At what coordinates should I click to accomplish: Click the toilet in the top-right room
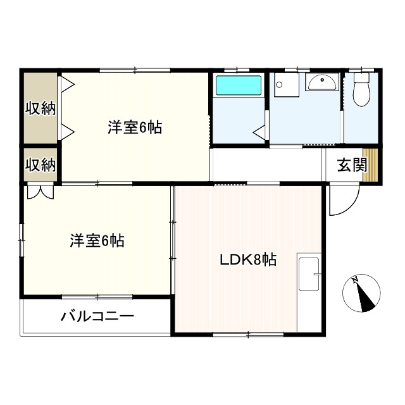click(x=362, y=89)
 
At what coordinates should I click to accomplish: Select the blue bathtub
click(x=238, y=86)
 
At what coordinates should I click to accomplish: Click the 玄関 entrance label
click(x=351, y=165)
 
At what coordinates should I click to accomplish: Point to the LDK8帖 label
click(x=247, y=259)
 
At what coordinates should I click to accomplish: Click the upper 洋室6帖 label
click(x=134, y=128)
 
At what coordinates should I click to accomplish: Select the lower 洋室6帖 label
click(x=97, y=240)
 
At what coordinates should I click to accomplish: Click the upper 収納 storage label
click(x=40, y=108)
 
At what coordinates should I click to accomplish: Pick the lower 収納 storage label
click(x=40, y=165)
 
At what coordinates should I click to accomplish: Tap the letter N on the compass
click(x=356, y=280)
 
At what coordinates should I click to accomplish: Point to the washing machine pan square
click(x=285, y=85)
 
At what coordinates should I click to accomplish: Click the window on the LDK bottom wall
click(x=247, y=333)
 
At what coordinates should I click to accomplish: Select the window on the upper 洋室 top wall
click(x=133, y=70)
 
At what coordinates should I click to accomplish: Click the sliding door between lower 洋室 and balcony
click(x=97, y=296)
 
